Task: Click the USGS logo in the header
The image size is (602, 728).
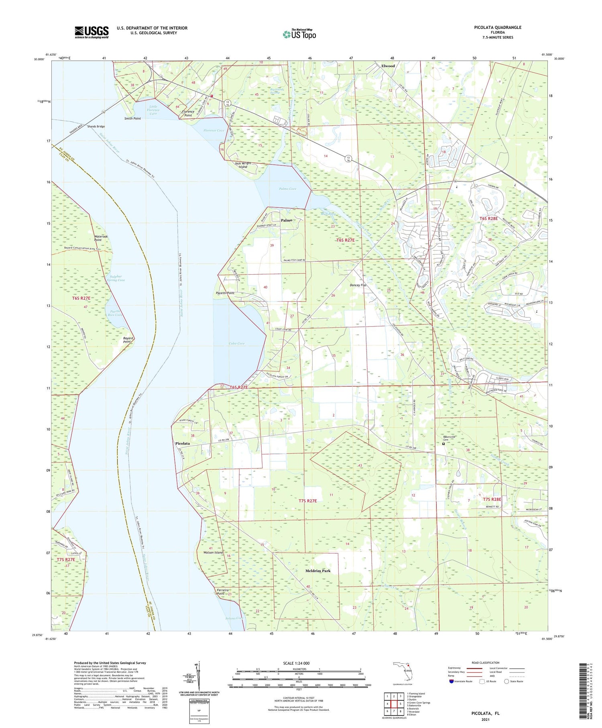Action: tap(92, 32)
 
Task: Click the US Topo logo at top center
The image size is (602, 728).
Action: tap(299, 34)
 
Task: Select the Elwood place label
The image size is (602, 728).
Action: tap(388, 66)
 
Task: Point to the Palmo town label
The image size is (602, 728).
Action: tap(286, 220)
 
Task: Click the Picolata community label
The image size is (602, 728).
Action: tap(183, 443)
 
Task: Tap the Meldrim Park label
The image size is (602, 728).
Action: tap(318, 570)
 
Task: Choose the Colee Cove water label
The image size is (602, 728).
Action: tap(236, 343)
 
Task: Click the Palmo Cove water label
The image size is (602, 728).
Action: tap(287, 189)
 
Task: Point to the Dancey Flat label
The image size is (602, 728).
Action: tap(358, 285)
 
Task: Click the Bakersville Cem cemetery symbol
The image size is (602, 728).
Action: tap(443, 444)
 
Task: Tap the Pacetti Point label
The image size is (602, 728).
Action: tap(225, 293)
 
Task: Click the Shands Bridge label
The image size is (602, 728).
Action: tap(96, 126)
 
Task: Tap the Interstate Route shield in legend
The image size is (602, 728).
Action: tap(451, 681)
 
